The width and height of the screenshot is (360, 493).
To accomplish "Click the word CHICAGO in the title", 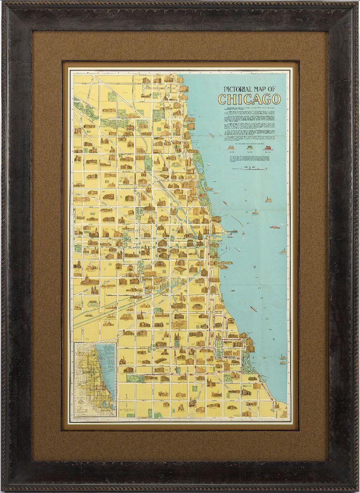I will [249, 99].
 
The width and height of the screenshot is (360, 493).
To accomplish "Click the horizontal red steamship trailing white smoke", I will [275, 226].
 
